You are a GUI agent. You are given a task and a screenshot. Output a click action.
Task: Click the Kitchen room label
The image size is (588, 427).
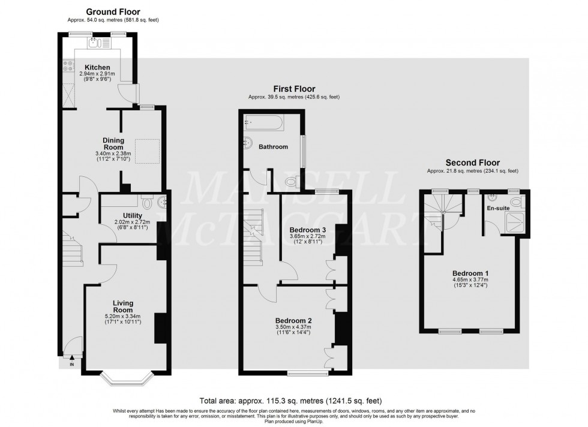97,67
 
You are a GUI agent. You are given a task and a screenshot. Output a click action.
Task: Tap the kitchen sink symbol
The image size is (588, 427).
94,43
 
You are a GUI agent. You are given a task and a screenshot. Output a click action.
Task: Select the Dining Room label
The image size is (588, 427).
113,144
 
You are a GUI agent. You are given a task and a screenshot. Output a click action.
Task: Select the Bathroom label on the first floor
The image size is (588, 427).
273,146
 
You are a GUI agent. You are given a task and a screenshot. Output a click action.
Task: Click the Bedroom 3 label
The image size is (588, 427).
308,230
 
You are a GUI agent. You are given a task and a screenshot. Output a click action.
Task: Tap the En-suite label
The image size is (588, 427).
497,209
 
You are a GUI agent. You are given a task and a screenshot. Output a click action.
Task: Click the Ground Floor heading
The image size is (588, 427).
113,11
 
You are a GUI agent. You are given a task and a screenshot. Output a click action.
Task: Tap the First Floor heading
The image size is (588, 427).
294,89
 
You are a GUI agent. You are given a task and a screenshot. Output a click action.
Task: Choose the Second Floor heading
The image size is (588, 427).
472,163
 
